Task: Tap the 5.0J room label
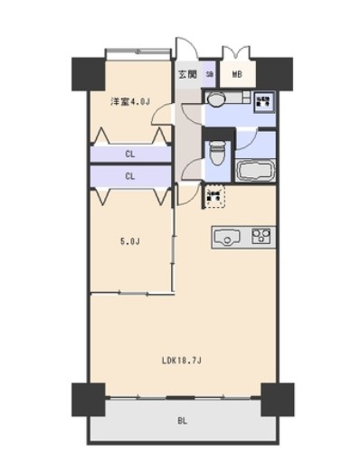(131, 241)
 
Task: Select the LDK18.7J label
(181, 361)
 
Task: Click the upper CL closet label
(131, 155)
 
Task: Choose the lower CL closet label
(131, 175)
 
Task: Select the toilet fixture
(216, 154)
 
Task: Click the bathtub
(259, 171)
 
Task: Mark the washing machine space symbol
(265, 101)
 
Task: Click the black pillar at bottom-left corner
(87, 396)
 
